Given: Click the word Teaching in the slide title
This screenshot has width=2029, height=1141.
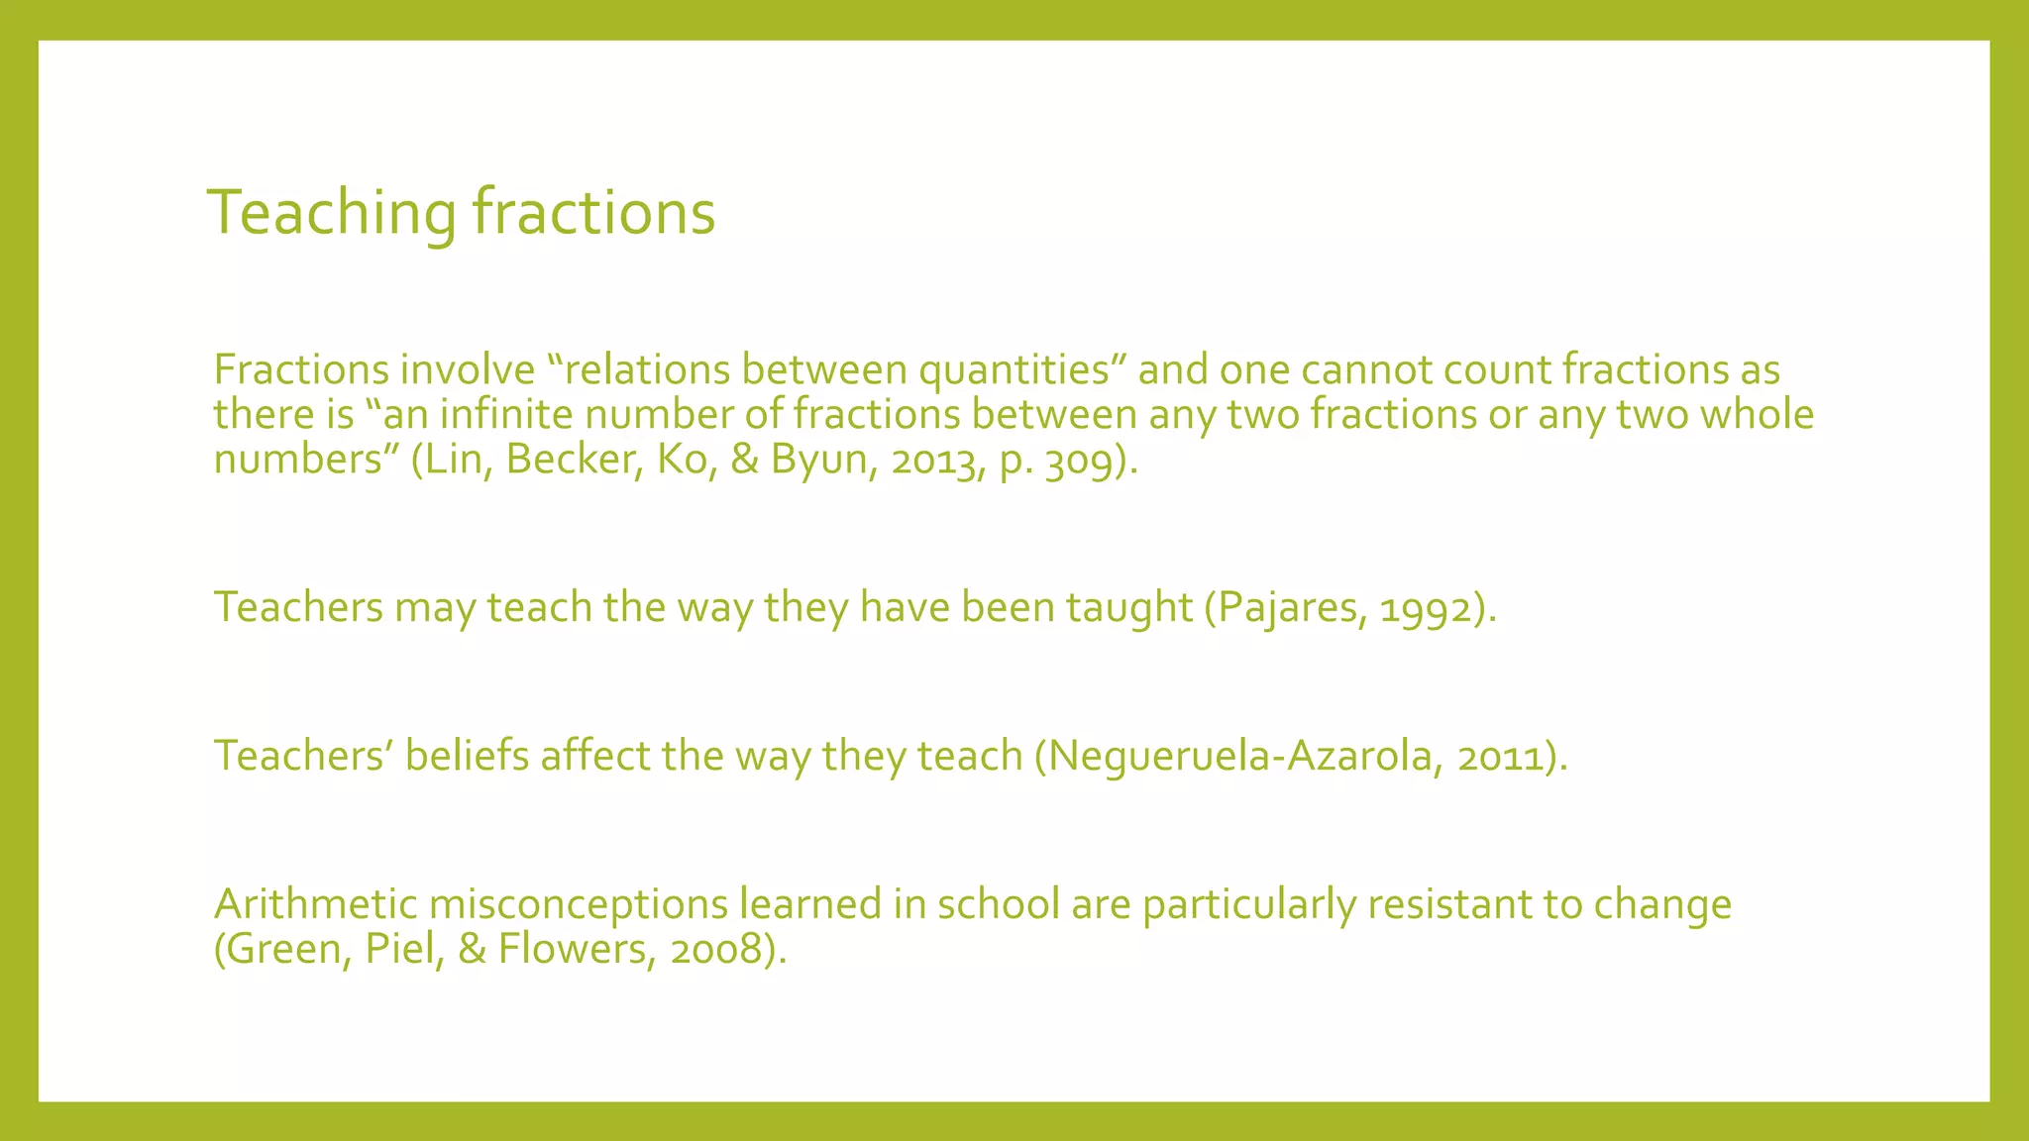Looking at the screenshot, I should (x=332, y=212).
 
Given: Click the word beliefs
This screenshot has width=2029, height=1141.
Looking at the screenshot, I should (x=466, y=756).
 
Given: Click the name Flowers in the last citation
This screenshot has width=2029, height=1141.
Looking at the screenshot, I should (x=571, y=949).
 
